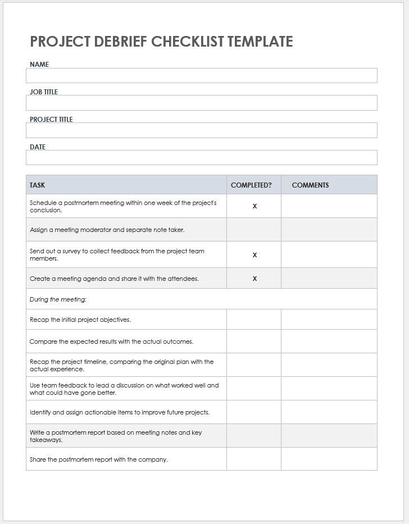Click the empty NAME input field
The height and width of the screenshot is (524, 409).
(201, 76)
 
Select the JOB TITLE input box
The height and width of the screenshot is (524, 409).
(201, 103)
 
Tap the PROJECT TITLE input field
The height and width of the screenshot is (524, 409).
(201, 130)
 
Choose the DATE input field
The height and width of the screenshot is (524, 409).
(201, 157)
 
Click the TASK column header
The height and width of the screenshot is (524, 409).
(38, 185)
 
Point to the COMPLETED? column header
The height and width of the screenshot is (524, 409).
(251, 185)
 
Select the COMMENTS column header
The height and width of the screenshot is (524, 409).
(310, 185)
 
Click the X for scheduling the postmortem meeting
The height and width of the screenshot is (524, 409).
(255, 206)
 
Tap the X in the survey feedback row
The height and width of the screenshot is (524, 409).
(255, 254)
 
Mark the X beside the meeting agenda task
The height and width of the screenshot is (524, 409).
(255, 278)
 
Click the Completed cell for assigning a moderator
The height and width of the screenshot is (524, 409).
(254, 230)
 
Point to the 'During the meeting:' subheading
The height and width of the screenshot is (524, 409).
(58, 299)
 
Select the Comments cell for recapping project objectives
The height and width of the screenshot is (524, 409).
(329, 320)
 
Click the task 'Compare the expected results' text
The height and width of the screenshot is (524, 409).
(111, 341)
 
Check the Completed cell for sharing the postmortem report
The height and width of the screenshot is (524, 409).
(254, 459)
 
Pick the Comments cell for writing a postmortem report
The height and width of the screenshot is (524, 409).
(329, 436)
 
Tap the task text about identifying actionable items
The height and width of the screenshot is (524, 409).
(120, 412)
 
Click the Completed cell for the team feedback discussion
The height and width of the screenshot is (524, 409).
(254, 389)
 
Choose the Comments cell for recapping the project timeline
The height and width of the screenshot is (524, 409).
(329, 365)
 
